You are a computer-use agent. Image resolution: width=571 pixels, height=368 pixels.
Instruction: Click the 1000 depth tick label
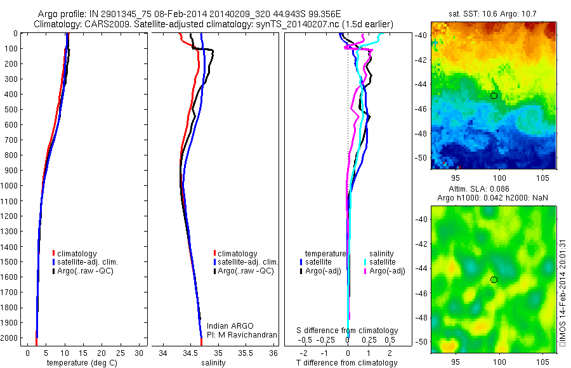point(11,186)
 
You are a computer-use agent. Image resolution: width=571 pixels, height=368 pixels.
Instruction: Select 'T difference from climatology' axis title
point(347,363)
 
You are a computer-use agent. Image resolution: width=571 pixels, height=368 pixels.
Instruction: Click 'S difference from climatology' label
point(347,331)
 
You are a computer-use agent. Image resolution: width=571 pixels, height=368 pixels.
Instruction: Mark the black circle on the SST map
point(494,96)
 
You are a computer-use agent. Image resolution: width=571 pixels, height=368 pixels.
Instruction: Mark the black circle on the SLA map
point(494,280)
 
